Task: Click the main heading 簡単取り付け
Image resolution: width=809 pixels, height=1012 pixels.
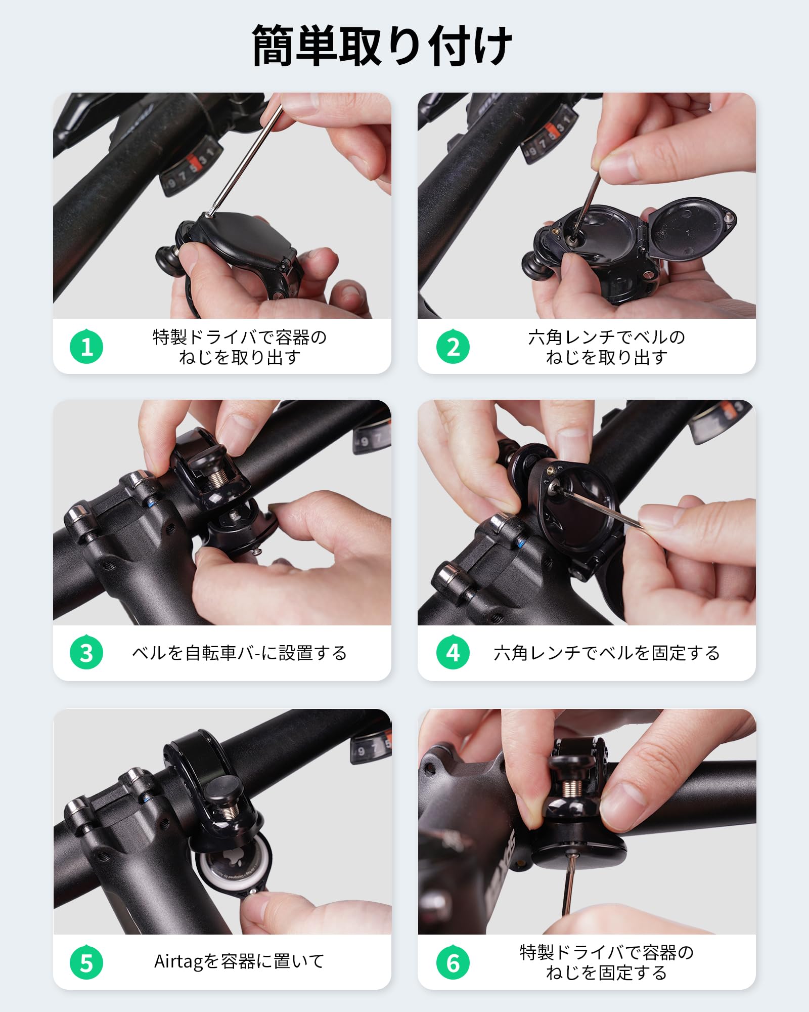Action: [x=382, y=46]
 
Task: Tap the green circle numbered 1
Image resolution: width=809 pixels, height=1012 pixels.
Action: [x=86, y=347]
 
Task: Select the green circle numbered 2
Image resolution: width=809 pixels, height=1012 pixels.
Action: [x=453, y=347]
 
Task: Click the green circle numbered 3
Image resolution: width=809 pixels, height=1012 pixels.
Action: [x=86, y=653]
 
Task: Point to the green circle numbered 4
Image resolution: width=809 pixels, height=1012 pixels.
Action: [x=453, y=653]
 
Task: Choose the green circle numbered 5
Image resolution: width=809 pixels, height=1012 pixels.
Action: [x=86, y=962]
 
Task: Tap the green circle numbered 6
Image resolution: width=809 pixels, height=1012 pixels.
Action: [x=453, y=962]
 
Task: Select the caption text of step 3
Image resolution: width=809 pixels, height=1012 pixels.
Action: [x=239, y=653]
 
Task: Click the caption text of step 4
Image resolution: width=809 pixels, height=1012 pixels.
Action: [x=607, y=653]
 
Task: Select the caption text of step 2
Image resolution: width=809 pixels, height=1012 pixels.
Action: [x=607, y=347]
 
